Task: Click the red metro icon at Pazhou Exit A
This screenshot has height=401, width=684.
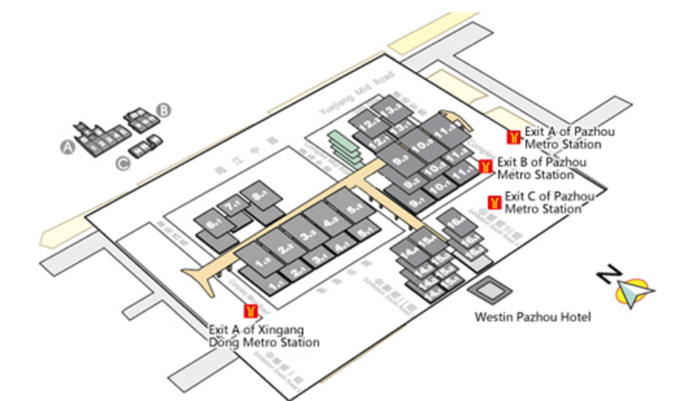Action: click(512, 137)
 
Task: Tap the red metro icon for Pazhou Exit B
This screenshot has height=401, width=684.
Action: click(485, 166)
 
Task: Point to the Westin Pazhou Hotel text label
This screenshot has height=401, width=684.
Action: click(533, 317)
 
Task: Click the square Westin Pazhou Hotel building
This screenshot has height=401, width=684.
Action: click(488, 290)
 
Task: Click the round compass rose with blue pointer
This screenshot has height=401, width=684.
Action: click(636, 290)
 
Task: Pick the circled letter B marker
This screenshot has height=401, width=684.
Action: click(164, 110)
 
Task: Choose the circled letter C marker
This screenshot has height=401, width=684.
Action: click(121, 163)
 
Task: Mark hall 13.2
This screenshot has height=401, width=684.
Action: click(391, 110)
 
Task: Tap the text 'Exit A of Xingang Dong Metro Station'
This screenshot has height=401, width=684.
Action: click(263, 334)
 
